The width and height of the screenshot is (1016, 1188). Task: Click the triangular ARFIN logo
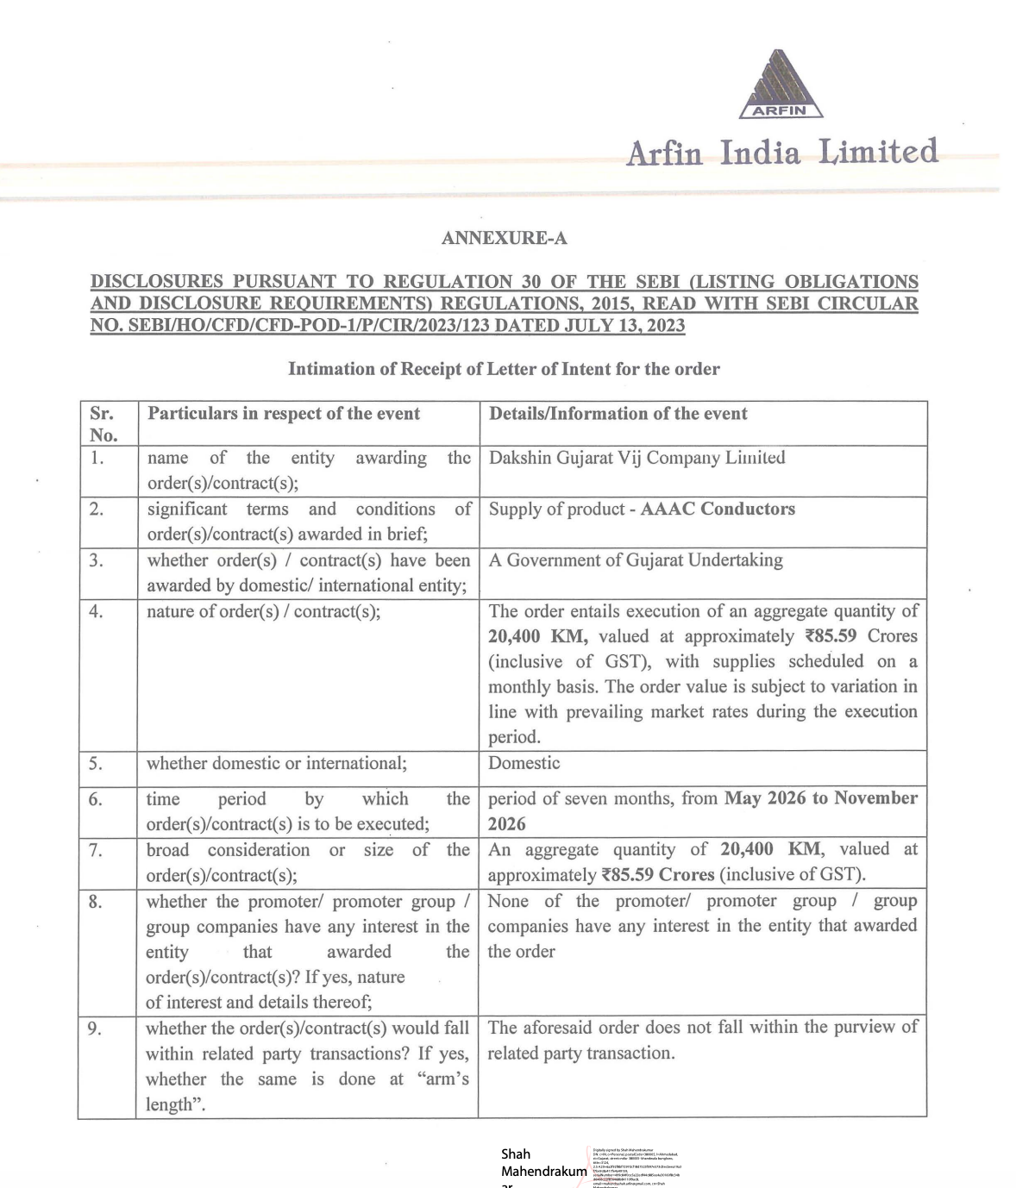781,84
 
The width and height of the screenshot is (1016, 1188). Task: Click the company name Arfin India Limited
781,153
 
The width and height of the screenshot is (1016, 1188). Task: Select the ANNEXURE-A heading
504,238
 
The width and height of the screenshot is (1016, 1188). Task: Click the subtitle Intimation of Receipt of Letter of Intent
504,369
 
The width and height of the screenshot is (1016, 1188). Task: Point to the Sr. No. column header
103,423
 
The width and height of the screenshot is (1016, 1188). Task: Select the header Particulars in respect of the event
284,414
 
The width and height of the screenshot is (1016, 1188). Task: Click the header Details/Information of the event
618,414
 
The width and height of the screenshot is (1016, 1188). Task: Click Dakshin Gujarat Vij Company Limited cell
637,458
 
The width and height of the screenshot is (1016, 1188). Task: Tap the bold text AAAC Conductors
718,509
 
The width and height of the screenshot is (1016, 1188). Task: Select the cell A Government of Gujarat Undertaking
636,560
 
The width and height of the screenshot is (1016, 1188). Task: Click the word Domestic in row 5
524,763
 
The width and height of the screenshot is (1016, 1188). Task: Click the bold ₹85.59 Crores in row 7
658,875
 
